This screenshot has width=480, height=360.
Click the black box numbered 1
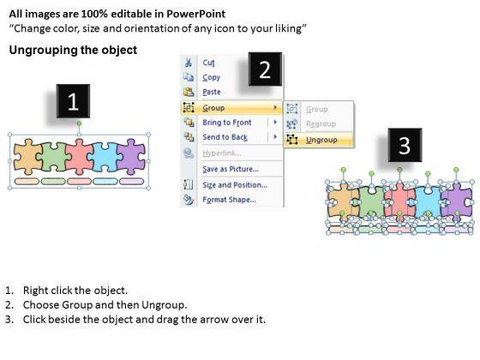73,101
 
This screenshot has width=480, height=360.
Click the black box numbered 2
265,69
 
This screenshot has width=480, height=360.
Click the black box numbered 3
405,145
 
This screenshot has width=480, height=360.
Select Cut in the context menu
208,63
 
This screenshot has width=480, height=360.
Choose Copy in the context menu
211,77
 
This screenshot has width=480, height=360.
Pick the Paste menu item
212,92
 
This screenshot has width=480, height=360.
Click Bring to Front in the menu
227,123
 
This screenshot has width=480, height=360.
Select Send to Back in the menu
225,137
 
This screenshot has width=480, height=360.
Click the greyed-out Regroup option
321,124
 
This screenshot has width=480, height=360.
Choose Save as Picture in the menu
231,169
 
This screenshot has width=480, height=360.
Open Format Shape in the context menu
229,200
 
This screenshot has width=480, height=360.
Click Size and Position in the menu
235,185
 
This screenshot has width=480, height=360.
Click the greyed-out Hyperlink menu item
222,153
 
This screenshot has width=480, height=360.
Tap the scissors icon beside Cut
189,63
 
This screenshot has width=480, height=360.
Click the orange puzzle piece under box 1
27,156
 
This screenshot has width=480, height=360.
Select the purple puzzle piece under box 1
131,156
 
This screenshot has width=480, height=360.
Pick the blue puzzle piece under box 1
105,157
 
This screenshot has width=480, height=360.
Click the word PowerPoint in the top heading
196,14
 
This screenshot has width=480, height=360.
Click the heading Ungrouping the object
73,50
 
